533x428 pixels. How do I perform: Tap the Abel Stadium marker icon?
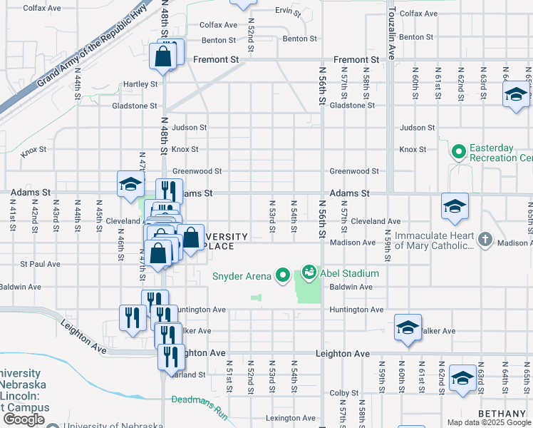[309, 272]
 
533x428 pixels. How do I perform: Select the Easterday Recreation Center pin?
[459, 152]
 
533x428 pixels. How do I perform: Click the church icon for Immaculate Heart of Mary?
[485, 240]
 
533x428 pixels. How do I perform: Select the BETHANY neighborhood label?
[502, 414]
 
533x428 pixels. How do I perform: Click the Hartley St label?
[140, 84]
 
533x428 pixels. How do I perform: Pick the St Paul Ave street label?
[40, 264]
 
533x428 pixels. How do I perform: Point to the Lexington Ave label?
[290, 418]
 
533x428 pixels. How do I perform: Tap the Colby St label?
[343, 392]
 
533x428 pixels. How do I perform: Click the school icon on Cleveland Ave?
[455, 207]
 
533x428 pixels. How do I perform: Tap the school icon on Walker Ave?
[408, 328]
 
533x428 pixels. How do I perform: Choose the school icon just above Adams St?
[131, 184]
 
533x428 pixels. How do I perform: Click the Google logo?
[24, 419]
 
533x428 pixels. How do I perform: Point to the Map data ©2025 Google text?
[489, 422]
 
